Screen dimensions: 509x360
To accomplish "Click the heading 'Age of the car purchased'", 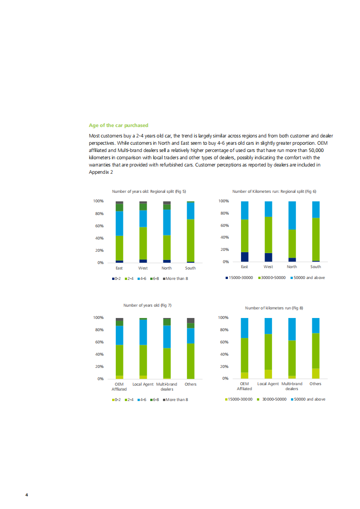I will click(118, 125).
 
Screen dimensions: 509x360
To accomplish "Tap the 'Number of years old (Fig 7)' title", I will click(147, 305).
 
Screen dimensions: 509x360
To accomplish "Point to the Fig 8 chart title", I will click(274, 308).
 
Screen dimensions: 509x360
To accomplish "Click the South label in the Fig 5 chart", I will click(190, 268).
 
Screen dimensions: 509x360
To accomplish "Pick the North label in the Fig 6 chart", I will click(292, 267).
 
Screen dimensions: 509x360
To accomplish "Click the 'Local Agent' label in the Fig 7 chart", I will click(143, 384).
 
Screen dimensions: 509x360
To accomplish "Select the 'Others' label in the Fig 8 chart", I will click(315, 384).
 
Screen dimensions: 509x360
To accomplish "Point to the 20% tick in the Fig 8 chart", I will click(222, 367).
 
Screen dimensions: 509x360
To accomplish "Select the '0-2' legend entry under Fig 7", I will click(117, 399).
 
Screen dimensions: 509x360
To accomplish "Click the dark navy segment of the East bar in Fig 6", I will click(245, 257).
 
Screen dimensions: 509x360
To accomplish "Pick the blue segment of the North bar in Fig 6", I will click(292, 215).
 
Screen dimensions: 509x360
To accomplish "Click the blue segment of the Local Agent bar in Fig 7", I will click(143, 333).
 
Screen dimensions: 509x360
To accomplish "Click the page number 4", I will click(27, 494).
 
